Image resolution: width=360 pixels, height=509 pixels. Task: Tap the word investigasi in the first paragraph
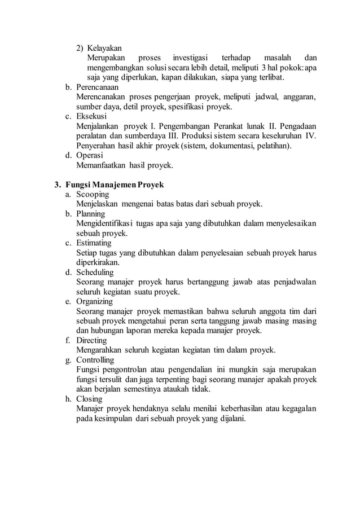pyautogui.click(x=189, y=58)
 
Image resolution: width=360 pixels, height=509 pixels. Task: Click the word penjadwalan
pyautogui.click(x=293, y=282)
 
